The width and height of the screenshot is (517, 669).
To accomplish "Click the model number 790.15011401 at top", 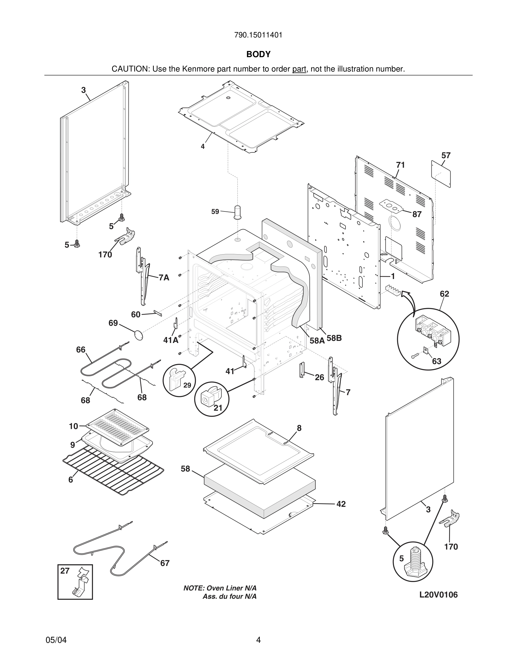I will [258, 35].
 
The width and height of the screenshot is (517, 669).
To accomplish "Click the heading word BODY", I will [258, 54].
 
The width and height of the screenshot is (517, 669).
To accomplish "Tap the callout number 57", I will [446, 156].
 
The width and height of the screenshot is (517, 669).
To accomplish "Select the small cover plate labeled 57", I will [441, 174].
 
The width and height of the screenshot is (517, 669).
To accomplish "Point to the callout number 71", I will [400, 165].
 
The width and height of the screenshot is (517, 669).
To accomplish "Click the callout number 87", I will [417, 215].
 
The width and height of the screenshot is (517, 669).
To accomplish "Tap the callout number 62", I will [444, 294].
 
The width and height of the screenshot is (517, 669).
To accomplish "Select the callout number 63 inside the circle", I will [436, 362].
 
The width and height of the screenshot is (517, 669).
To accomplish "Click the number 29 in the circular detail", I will [187, 385].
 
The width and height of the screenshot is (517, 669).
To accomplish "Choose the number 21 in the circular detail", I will [218, 408].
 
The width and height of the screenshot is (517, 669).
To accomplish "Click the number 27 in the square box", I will [65, 571].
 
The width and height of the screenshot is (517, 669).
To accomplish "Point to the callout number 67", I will [165, 563].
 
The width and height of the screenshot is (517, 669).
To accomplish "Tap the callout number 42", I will [341, 504].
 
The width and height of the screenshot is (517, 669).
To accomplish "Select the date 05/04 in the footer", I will [56, 640].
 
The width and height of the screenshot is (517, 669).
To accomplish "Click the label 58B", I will [334, 338].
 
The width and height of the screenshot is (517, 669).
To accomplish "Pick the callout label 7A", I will [164, 278].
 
